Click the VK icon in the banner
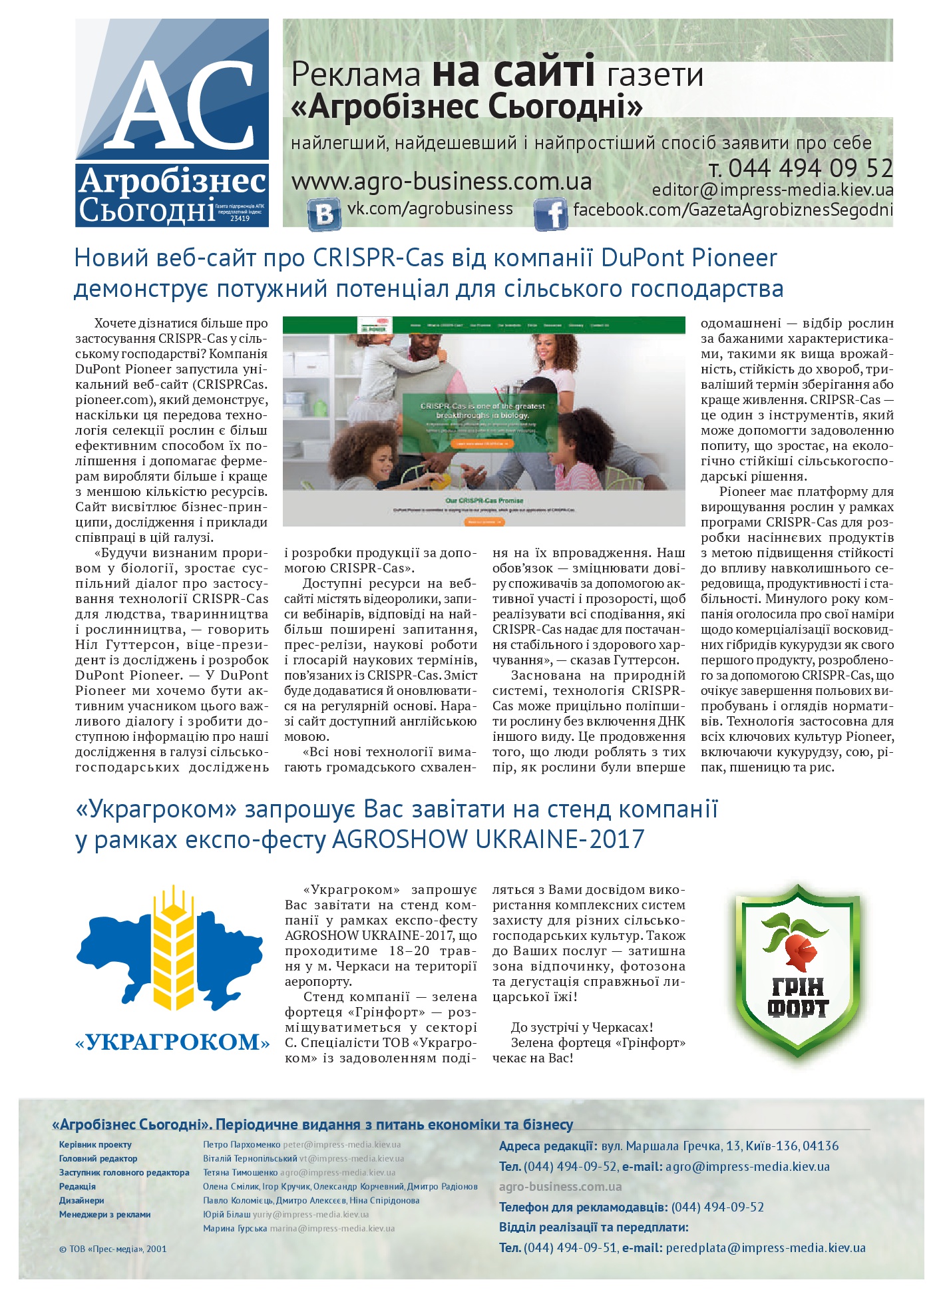[325, 214]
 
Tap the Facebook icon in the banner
[551, 214]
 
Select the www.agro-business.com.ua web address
[441, 181]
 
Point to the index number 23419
[240, 218]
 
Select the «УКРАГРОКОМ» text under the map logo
[173, 1041]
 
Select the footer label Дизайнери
[82, 1200]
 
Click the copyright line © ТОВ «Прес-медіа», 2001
[113, 1249]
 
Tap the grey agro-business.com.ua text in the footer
[560, 1186]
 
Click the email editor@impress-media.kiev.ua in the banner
[773, 190]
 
